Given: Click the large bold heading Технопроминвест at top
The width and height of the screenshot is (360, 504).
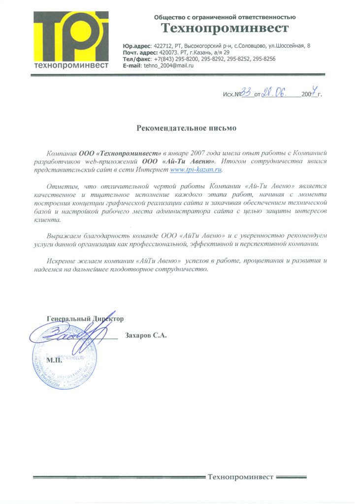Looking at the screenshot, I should pyautogui.click(x=225, y=28).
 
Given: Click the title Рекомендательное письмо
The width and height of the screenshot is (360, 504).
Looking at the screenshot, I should pyautogui.click(x=186, y=128).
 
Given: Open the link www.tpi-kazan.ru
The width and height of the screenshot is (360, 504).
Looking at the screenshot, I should pyautogui.click(x=196, y=169).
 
